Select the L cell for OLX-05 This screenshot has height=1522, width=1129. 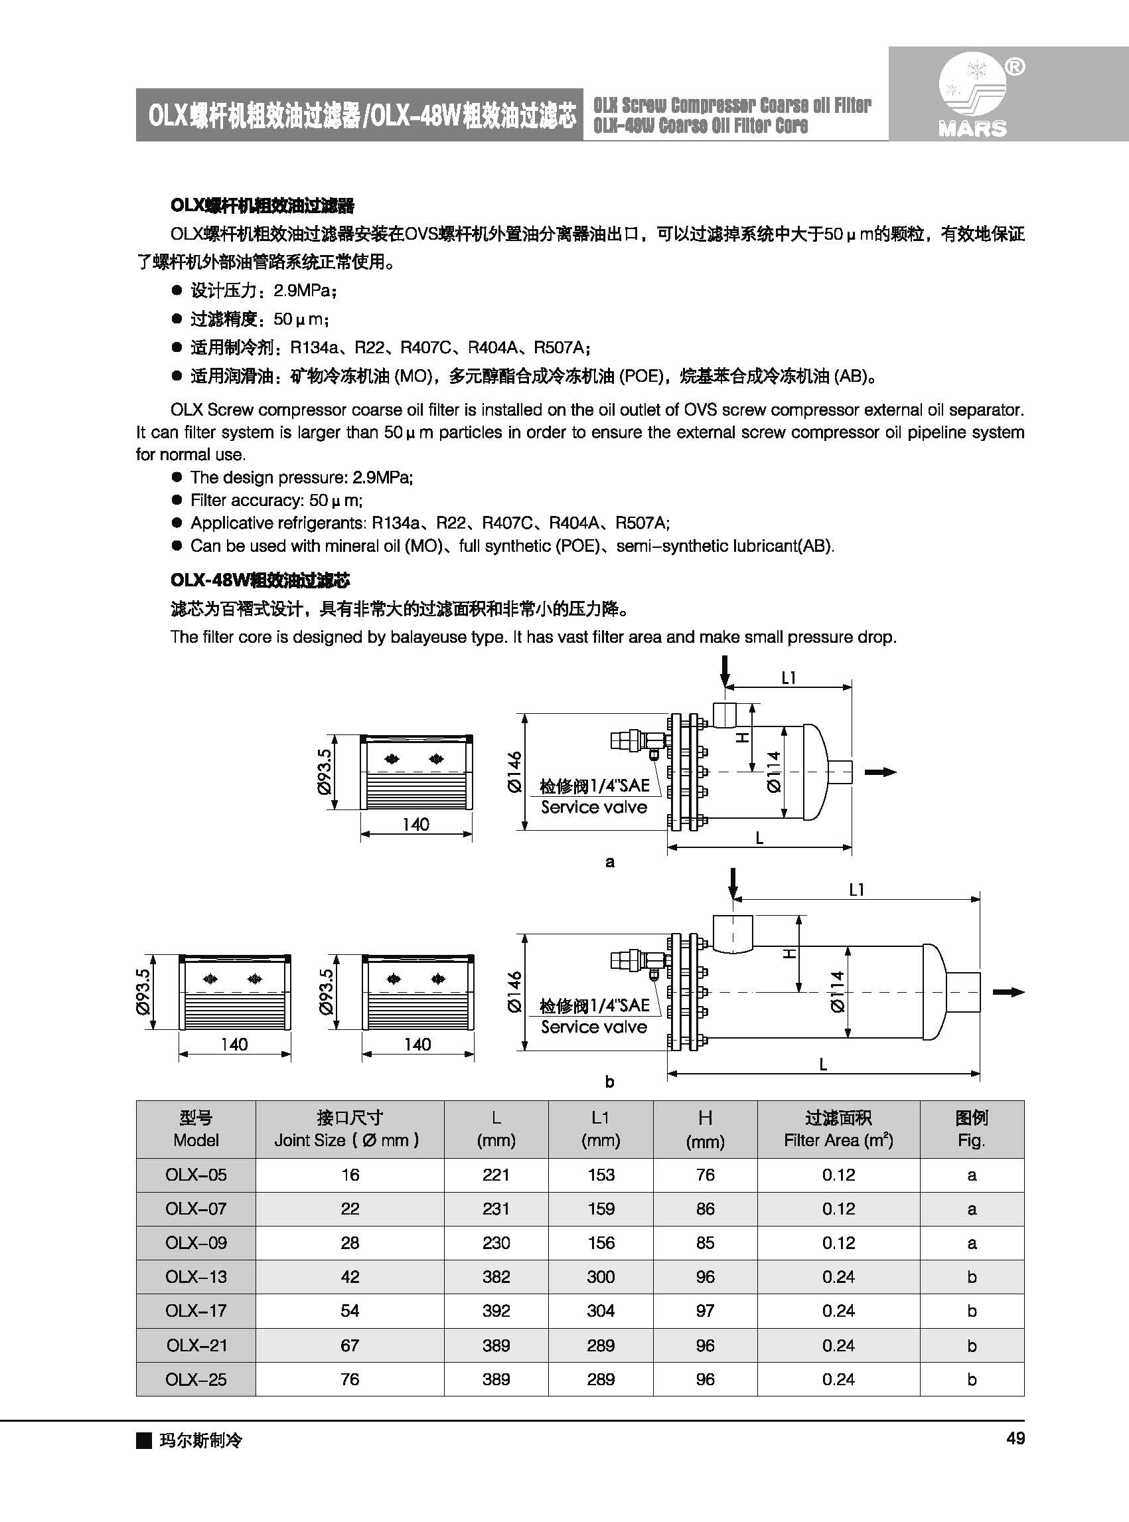tap(496, 1175)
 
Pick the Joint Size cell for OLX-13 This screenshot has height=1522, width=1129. tap(350, 1276)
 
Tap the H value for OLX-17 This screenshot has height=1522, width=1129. tap(705, 1311)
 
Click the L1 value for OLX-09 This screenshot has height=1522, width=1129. tap(601, 1242)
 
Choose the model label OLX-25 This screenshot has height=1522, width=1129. tap(196, 1379)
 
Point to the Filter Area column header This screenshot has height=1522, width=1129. tap(838, 1129)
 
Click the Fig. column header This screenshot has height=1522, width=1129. tap(971, 1129)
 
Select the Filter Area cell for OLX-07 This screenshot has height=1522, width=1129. tap(838, 1209)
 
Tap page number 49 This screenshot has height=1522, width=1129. tap(1016, 1438)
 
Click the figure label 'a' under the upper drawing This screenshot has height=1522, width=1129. tap(609, 862)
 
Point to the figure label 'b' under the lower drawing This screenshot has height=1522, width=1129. tap(609, 1082)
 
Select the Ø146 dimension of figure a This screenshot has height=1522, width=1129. tap(514, 772)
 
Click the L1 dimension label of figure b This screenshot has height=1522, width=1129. tap(856, 890)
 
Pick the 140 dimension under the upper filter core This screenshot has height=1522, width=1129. tap(415, 824)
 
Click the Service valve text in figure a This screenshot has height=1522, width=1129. tap(594, 807)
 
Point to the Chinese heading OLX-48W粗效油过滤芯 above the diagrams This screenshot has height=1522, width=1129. tap(260, 580)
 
